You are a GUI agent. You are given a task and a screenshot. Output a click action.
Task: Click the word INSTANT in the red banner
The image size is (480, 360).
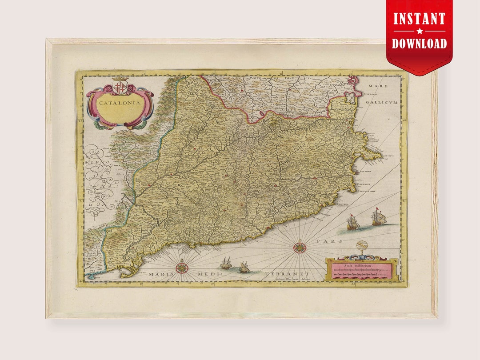pyautogui.click(x=419, y=19)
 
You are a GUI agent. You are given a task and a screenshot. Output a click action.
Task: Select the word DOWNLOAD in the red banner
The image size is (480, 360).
pyautogui.click(x=419, y=43)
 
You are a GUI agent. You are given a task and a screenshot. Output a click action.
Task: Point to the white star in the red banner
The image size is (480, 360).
pyautogui.click(x=419, y=31)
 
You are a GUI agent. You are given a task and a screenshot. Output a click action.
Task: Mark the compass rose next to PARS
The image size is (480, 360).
pyautogui.click(x=300, y=247)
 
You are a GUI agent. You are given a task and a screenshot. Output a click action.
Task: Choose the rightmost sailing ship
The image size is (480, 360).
pyautogui.click(x=379, y=217)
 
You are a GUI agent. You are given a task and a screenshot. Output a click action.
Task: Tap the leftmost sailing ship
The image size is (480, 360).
pyautogui.click(x=226, y=264)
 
